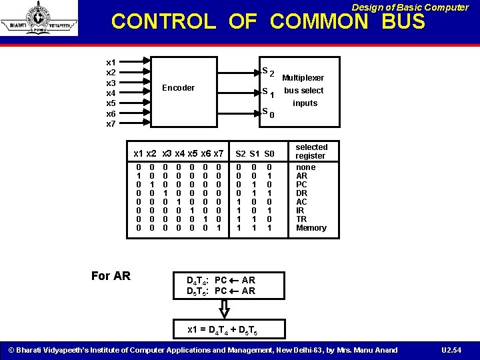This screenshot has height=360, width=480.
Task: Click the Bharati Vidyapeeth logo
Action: tap(39, 18)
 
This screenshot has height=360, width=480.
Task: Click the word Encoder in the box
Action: tap(179, 88)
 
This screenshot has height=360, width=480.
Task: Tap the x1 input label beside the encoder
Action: tap(111, 62)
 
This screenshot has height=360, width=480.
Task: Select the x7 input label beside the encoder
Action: tap(111, 124)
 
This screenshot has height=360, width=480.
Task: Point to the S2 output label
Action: tap(267, 71)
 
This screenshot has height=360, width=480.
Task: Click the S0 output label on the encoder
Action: tap(267, 113)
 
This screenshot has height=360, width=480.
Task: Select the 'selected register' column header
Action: tap(311, 151)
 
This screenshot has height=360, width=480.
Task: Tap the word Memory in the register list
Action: tap(311, 228)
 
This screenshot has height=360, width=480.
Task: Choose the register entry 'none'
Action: tap(305, 167)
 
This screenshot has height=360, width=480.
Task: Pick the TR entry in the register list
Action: tap(301, 219)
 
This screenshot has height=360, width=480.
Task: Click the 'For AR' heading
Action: tap(111, 276)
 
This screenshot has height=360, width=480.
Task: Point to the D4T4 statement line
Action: tap(221, 281)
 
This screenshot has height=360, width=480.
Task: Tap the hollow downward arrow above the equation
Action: tap(225, 308)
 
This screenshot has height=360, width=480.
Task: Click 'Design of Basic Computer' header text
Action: tap(410, 7)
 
